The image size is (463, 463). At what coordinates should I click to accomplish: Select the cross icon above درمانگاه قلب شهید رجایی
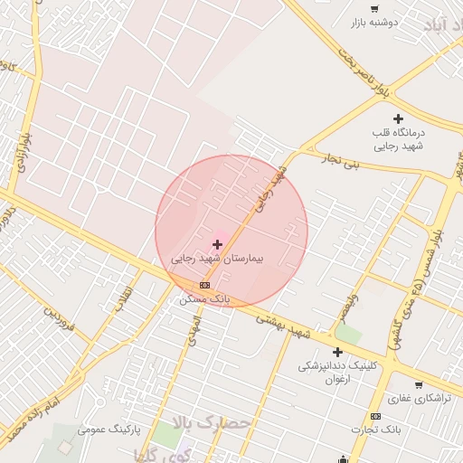pos(398,118)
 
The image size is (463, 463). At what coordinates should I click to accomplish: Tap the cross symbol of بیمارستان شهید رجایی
pos(217,244)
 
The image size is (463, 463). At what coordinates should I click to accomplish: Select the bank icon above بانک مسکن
pos(204,283)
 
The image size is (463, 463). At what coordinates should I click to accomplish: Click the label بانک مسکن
pos(206,298)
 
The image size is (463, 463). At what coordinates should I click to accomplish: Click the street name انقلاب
pos(124,299)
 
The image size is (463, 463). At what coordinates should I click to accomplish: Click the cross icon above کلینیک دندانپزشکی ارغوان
pos(338,352)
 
